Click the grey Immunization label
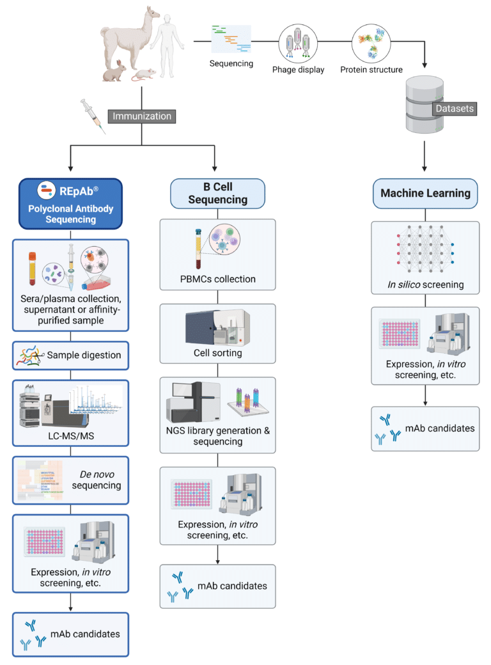pos(141,116)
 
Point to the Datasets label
pos(455,108)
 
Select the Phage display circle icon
pos(298,43)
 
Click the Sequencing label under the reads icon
pos(231,63)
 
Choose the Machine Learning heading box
pos(425,193)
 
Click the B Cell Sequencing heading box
pos(217,193)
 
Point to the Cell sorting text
pos(217,353)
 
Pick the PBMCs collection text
pos(217,279)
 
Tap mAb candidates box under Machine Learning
pos(425,428)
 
